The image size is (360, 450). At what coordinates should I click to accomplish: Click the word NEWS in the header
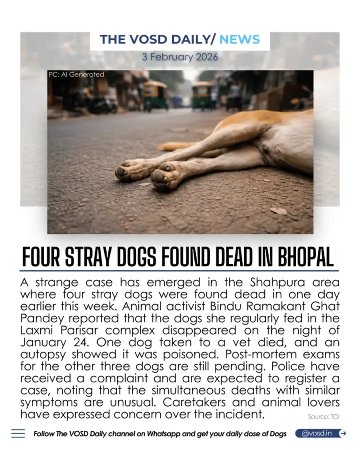tap(239, 39)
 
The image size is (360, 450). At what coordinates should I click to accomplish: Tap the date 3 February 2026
tap(180, 58)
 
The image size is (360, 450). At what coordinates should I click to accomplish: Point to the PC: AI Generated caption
tap(76, 74)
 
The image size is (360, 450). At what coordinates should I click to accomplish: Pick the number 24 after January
tap(75, 342)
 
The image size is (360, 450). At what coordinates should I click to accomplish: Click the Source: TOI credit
tap(324, 416)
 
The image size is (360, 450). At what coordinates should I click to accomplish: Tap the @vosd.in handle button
tap(317, 433)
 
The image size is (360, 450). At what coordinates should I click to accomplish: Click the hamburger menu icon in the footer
tap(18, 434)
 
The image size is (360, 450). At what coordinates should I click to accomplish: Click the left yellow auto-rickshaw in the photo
tap(155, 96)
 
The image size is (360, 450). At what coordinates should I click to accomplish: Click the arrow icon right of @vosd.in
tap(343, 433)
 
